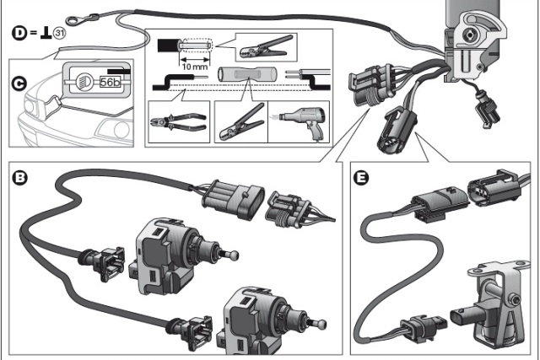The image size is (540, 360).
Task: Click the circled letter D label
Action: [x=18, y=33]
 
